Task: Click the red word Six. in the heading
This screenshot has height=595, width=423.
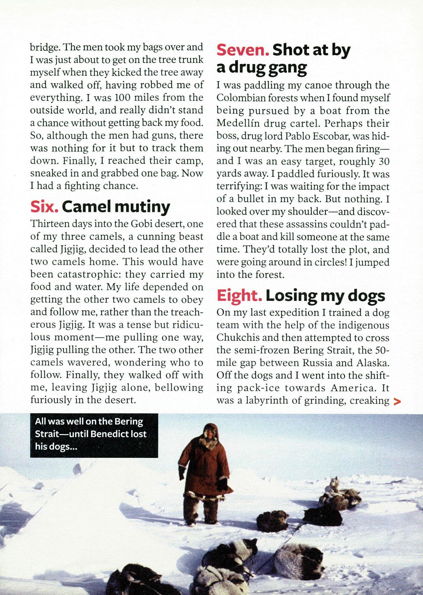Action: coord(44,207)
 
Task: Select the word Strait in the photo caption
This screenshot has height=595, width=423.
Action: coord(45,434)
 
